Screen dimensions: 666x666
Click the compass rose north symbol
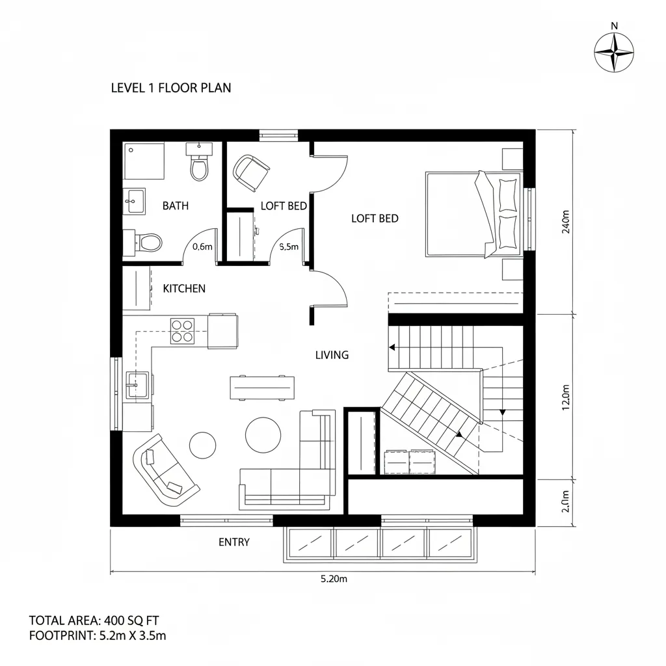pyautogui.click(x=614, y=52)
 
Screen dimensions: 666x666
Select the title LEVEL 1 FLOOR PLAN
pyautogui.click(x=170, y=88)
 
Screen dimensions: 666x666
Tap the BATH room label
pyautogui.click(x=175, y=206)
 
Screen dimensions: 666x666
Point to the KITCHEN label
pyautogui.click(x=184, y=289)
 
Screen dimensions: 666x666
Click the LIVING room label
pyautogui.click(x=332, y=355)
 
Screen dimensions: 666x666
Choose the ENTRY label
pyautogui.click(x=233, y=542)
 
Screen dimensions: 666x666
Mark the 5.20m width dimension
pyautogui.click(x=334, y=580)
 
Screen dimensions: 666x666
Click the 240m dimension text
pyautogui.click(x=565, y=222)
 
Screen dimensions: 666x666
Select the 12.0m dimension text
pyautogui.click(x=565, y=396)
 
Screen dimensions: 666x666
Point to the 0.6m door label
pyautogui.click(x=203, y=247)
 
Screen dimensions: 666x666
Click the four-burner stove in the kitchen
pyautogui.click(x=182, y=330)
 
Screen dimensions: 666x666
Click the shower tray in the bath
pyautogui.click(x=144, y=162)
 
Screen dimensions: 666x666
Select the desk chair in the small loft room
pyautogui.click(x=251, y=172)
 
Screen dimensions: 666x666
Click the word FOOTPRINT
pyautogui.click(x=60, y=636)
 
